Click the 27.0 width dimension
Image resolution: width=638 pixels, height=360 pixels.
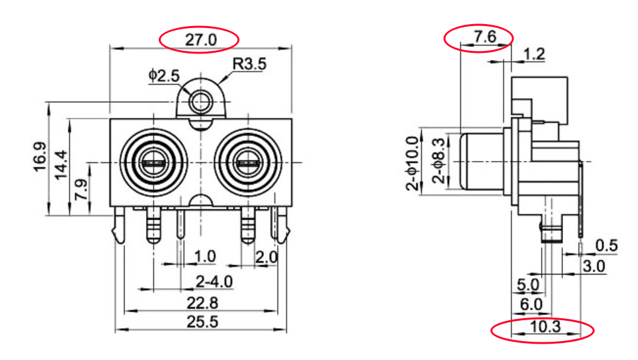pos(201,40)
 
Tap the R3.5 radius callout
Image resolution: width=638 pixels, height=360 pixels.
pos(250,64)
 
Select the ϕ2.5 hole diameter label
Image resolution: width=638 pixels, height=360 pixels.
pos(164,76)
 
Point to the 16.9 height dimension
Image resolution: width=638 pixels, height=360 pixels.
pos(40,157)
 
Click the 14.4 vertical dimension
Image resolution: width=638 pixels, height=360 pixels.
pos(61,165)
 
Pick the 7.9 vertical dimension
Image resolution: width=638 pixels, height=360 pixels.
pos(81,189)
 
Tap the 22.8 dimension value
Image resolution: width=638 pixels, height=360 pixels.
pos(202,303)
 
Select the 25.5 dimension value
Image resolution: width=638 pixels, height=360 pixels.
pos(202,322)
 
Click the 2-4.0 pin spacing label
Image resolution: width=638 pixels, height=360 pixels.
pos(214,281)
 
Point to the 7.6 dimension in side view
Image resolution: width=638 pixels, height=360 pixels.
pos(486,37)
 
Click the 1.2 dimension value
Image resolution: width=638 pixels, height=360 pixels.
pos(534,53)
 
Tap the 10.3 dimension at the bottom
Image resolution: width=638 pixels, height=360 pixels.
pos(545,326)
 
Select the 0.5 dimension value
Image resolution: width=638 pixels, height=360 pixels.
pos(606,246)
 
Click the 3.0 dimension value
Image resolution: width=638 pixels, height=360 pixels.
pos(594,266)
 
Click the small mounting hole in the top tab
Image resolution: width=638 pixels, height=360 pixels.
pos(201,101)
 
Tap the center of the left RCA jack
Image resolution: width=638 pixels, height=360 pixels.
pos(154,163)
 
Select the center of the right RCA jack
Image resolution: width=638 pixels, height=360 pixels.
pos(248,163)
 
